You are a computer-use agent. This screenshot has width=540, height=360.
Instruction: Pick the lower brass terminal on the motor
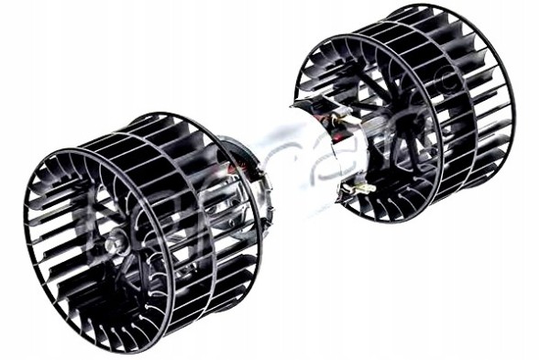pos(360,187)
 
